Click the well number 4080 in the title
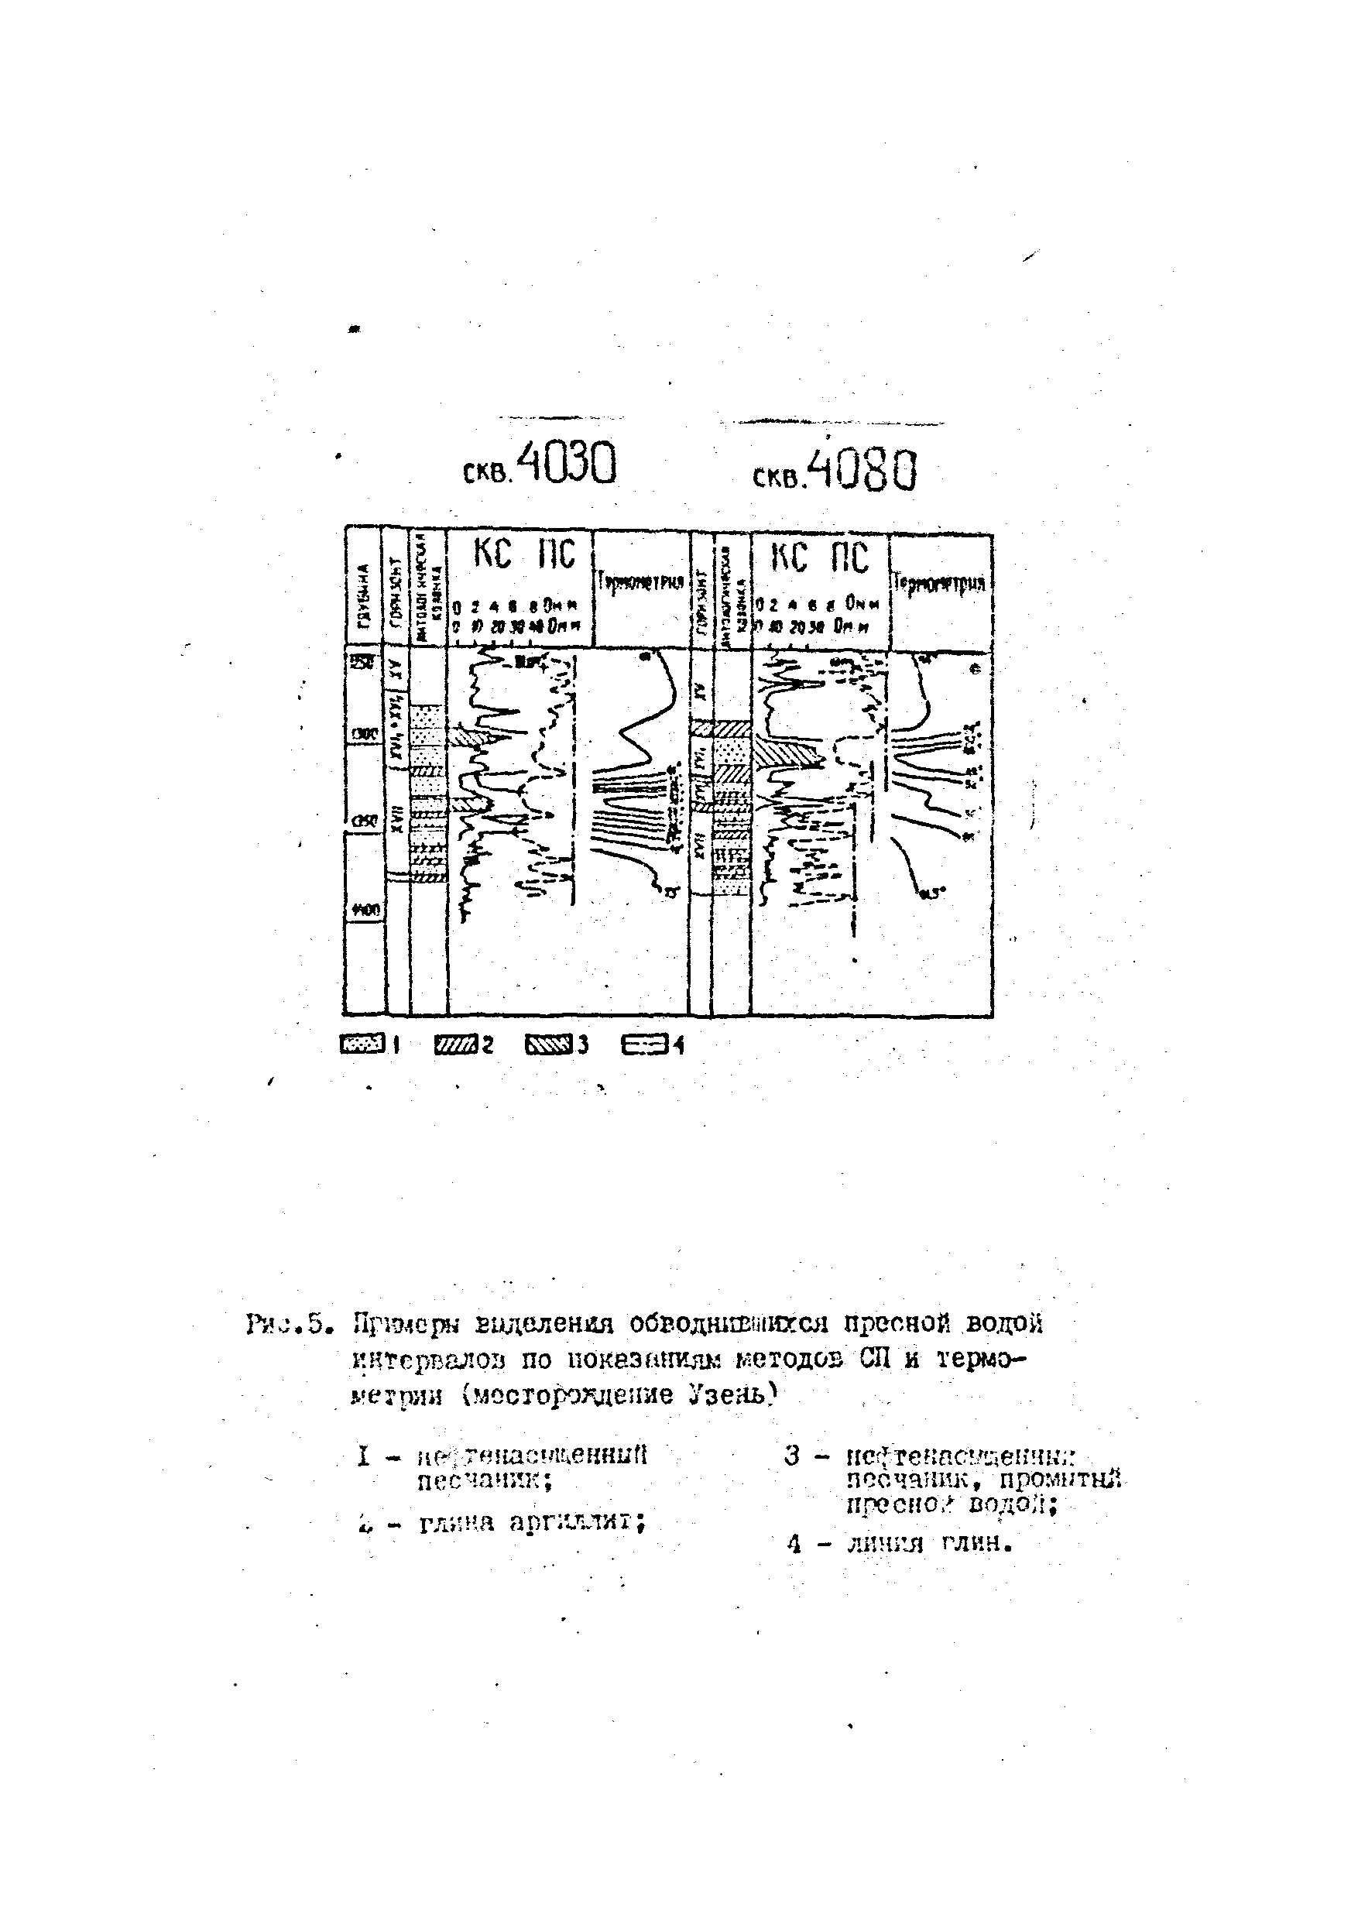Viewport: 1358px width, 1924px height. point(866,470)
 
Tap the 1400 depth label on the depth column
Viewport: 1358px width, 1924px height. point(364,908)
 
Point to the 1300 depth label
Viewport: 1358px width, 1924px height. point(364,732)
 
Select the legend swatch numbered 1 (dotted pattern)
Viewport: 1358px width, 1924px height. point(362,1044)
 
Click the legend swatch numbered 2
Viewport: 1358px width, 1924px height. point(456,1044)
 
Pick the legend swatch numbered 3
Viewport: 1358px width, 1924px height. point(548,1044)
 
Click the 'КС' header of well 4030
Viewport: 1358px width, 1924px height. point(492,554)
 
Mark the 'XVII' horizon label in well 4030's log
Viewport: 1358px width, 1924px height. point(396,816)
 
